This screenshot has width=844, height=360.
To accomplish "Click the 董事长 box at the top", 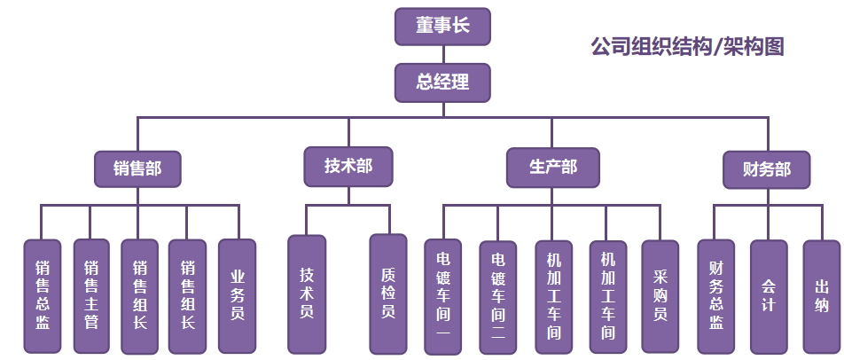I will [x=442, y=26].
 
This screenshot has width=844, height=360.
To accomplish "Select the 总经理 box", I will [x=442, y=82].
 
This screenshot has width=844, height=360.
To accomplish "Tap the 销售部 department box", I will [x=137, y=168].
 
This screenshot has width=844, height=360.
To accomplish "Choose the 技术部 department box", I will [x=348, y=166].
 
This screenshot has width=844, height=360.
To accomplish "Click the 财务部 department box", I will [x=768, y=168].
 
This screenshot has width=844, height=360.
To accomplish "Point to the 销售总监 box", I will [x=42, y=296].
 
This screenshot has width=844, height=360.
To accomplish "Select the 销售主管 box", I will [x=90, y=296].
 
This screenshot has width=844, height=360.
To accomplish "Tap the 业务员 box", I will [x=237, y=296].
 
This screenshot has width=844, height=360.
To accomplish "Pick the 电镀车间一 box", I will [x=443, y=296].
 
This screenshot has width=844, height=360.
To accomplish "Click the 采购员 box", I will [x=660, y=296].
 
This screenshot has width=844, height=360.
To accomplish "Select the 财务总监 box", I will [x=715, y=296].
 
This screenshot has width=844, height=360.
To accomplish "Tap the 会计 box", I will [x=769, y=296].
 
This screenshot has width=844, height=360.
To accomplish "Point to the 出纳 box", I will [x=822, y=296].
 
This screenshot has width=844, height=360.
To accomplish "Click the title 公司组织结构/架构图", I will [x=687, y=47].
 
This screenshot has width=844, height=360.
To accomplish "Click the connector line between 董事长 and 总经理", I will [x=442, y=54].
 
